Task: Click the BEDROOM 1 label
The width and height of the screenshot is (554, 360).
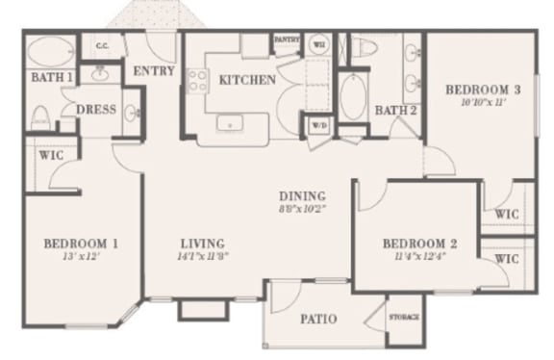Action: tap(82, 244)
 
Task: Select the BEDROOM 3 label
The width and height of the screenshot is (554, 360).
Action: tap(482, 90)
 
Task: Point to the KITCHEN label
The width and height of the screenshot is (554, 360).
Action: tap(248, 80)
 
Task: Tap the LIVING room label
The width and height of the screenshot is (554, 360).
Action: tap(202, 244)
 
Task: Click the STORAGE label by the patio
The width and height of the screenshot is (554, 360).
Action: tap(403, 317)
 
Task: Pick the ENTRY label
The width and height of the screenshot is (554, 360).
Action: tap(152, 70)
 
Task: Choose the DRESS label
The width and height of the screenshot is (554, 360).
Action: tap(96, 110)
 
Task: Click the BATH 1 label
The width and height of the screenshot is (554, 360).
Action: tap(51, 77)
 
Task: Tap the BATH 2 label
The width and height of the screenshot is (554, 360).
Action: tap(395, 110)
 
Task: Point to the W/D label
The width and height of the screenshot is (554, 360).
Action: tap(318, 125)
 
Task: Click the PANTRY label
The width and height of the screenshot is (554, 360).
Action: tap(287, 39)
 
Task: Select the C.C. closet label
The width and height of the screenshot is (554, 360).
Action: tap(100, 45)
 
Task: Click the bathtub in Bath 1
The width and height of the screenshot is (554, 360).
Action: tap(50, 50)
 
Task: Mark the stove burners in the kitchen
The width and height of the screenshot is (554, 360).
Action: tap(199, 82)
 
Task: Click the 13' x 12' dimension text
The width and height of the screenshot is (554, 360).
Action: tap(82, 257)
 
